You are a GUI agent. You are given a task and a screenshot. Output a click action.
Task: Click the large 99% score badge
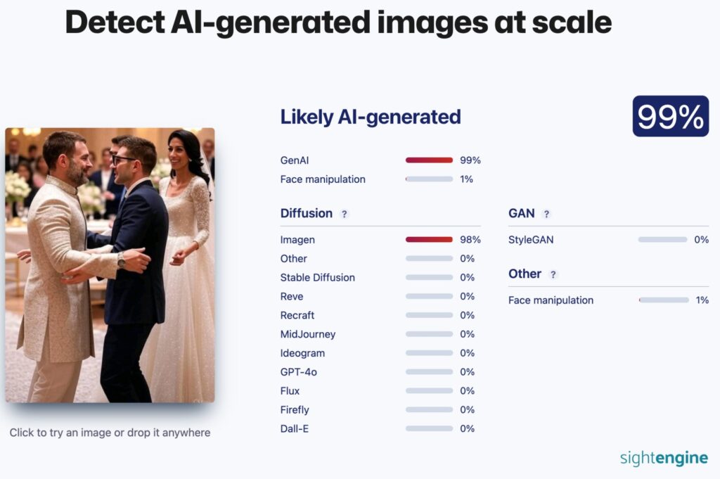[670, 116]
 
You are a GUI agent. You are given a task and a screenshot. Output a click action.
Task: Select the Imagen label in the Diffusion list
[297, 240]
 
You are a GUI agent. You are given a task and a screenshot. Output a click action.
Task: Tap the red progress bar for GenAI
[429, 160]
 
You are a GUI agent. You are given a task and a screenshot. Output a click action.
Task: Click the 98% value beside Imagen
[470, 240]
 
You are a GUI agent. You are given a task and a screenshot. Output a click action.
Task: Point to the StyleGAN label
[531, 240]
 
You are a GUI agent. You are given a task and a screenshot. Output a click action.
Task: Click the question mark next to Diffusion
[344, 214]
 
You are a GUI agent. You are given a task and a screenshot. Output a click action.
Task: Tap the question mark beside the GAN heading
[546, 214]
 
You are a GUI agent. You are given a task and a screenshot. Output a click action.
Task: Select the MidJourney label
[308, 334]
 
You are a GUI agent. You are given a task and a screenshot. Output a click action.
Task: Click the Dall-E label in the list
[295, 429]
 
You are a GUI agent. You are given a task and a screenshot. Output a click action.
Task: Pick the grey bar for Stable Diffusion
[429, 277]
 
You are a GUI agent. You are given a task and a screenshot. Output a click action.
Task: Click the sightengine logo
[664, 458]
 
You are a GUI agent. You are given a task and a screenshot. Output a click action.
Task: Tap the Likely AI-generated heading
[370, 117]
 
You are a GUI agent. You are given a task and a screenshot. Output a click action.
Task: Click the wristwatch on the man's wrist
[121, 260]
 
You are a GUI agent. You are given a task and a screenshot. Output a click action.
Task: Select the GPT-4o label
[298, 372]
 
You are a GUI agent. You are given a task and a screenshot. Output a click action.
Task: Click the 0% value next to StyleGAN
[701, 240]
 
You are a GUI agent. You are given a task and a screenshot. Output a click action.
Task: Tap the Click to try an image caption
[110, 433]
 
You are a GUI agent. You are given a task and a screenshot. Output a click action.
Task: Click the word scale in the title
[571, 23]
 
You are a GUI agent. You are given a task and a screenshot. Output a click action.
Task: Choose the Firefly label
[295, 410]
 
